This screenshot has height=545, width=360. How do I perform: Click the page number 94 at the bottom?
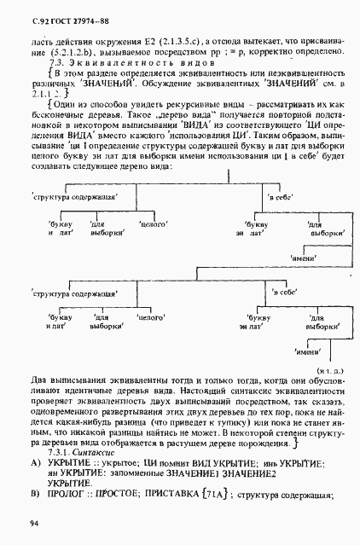coord(33,522)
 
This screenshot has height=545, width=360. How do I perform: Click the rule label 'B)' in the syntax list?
coord(35,495)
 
